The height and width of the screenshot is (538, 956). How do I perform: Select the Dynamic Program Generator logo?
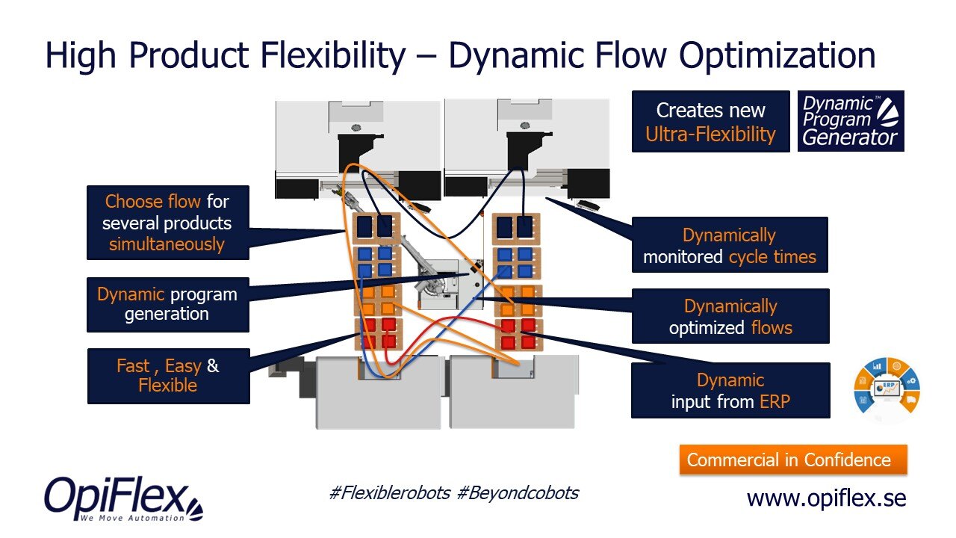click(x=851, y=121)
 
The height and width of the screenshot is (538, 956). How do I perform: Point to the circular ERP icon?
click(x=887, y=390)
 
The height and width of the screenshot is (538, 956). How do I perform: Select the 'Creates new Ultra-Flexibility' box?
click(x=710, y=122)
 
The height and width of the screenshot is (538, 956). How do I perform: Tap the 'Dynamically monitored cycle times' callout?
click(x=730, y=247)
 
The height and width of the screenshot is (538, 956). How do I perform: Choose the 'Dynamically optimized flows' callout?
click(x=730, y=317)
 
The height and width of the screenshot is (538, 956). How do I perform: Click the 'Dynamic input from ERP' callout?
click(x=730, y=391)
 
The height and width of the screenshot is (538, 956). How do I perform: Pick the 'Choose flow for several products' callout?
click(x=167, y=223)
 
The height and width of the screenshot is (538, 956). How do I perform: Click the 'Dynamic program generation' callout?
click(x=167, y=304)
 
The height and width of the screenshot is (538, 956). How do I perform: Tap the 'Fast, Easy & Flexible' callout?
click(x=168, y=376)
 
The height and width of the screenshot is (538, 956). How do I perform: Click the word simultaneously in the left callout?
click(x=167, y=244)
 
